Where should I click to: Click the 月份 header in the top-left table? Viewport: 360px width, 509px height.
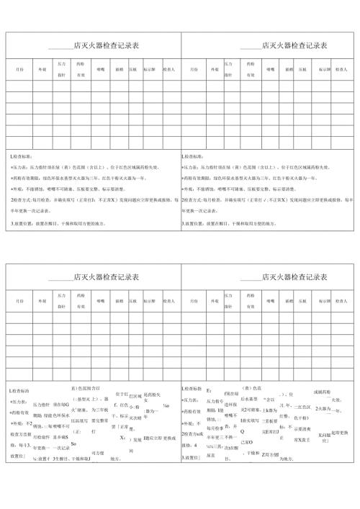pyautogui.click(x=19, y=70)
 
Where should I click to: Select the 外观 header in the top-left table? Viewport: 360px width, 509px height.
pyautogui.click(x=42, y=70)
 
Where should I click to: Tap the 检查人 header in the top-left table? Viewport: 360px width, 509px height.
pyautogui.click(x=168, y=70)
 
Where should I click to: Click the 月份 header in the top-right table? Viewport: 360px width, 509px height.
pyautogui.click(x=194, y=70)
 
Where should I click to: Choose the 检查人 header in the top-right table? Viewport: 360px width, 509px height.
pyautogui.click(x=341, y=70)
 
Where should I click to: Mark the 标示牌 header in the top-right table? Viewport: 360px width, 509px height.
pyautogui.click(x=323, y=70)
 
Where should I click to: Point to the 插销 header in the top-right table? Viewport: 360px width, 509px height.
pyautogui.click(x=289, y=70)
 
